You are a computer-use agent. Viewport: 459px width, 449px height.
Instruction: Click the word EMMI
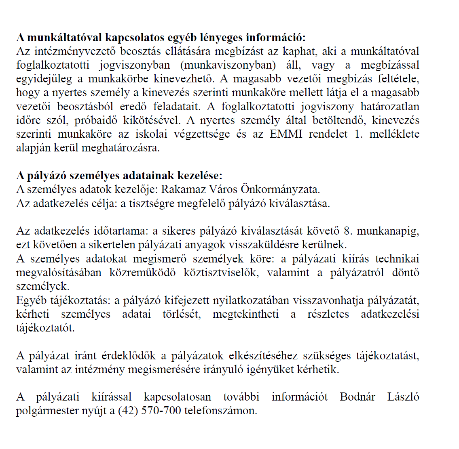point(286,134)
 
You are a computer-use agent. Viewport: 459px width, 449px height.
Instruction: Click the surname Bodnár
point(357,397)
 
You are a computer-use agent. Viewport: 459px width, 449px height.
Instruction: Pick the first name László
point(403,397)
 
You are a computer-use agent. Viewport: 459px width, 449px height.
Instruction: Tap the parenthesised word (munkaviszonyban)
point(228,65)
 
